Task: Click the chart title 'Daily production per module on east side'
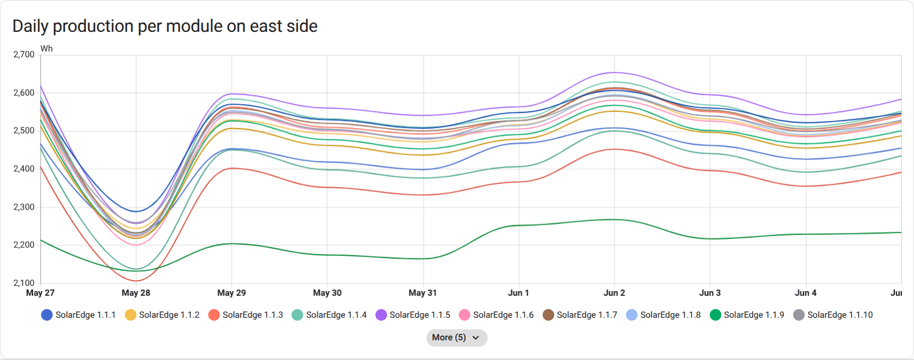pos(165,26)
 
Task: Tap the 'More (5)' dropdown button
pos(456,337)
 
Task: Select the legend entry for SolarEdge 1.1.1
pos(78,315)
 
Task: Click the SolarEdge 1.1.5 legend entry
pos(412,315)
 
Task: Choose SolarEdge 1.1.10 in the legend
pos(832,315)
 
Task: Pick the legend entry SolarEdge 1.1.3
pos(245,315)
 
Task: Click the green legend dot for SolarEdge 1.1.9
pos(716,315)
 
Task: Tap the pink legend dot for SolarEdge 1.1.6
pos(465,315)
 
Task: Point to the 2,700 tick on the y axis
pos(24,54)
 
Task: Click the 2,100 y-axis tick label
pos(24,283)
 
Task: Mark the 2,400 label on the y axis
pos(24,169)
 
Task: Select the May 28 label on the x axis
pos(136,293)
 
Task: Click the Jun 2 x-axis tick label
pos(614,293)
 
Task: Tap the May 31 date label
pos(423,293)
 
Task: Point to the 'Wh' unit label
pos(47,49)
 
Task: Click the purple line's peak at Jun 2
pos(614,72)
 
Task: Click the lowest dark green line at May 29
pos(232,244)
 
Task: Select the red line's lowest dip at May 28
pos(137,281)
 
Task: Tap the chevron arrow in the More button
pos(476,337)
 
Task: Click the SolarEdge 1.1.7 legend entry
pos(580,315)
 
